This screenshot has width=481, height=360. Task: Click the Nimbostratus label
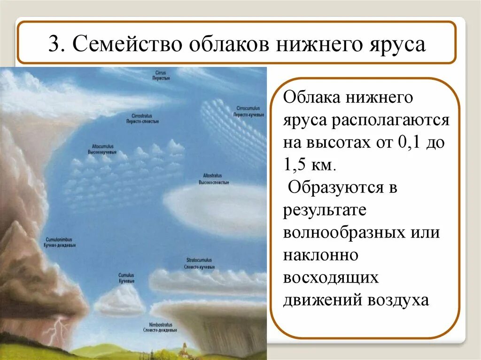(160, 327)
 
